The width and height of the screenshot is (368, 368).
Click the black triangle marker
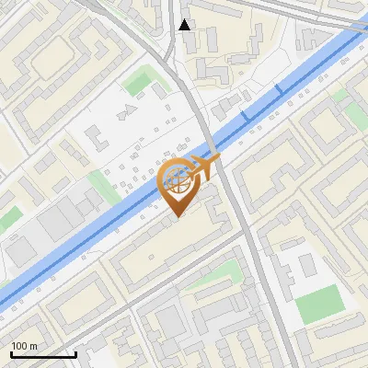tap(185, 25)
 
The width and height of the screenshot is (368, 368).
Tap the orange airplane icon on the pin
tap(204, 167)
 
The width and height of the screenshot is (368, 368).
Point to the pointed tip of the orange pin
tap(175, 216)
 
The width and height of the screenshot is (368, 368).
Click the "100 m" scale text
tap(24, 346)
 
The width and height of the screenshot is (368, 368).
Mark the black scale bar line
tap(43, 354)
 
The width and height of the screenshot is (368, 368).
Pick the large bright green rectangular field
tap(318, 304)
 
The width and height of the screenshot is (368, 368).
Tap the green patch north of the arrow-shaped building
tap(138, 83)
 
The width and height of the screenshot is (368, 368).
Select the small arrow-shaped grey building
tap(129, 109)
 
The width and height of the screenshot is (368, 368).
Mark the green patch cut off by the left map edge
tap(7, 219)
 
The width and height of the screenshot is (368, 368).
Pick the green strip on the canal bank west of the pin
tap(103, 189)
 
